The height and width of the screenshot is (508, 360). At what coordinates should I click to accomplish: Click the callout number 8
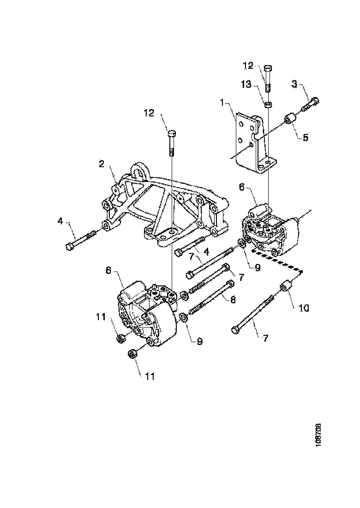(233, 300)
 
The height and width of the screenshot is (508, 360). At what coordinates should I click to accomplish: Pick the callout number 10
(305, 307)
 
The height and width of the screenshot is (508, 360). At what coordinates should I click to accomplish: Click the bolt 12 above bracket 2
(171, 141)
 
